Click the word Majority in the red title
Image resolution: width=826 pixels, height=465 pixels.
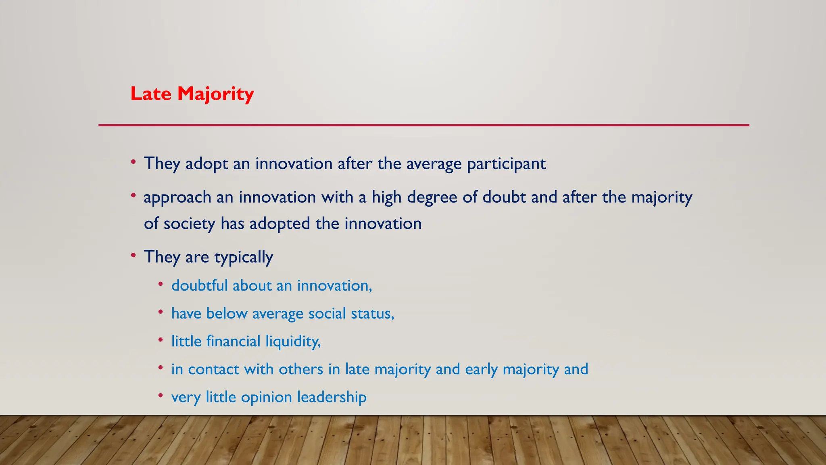pos(215,94)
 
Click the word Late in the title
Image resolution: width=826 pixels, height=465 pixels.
pos(151,94)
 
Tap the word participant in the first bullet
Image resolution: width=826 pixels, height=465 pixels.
pos(506,164)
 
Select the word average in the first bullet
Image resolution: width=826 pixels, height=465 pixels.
pos(434,164)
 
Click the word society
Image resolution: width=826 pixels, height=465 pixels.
pos(189,224)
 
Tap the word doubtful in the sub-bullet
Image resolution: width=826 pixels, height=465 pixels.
pos(200,285)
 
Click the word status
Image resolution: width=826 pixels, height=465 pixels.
pos(372,313)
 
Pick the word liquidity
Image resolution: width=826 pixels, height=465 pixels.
pos(293,341)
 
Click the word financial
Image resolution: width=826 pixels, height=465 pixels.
pos(233,341)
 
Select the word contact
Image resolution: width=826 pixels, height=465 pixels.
pos(213,369)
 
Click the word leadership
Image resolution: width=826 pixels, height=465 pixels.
pos(332,397)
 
